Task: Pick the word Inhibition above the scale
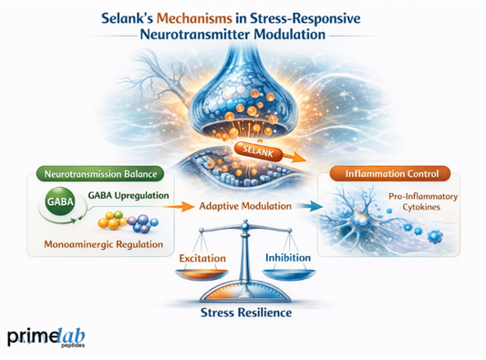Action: click(x=289, y=258)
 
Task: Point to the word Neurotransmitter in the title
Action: click(x=191, y=39)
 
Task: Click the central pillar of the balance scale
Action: click(x=243, y=264)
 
